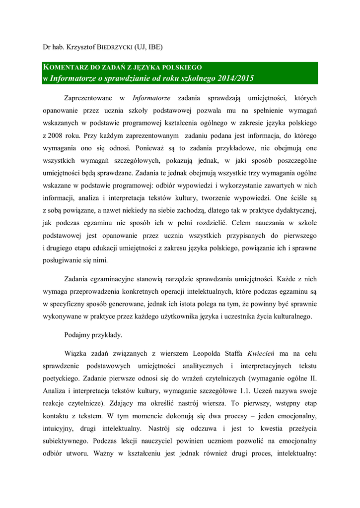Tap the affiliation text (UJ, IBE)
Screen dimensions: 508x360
[x=149, y=48]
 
